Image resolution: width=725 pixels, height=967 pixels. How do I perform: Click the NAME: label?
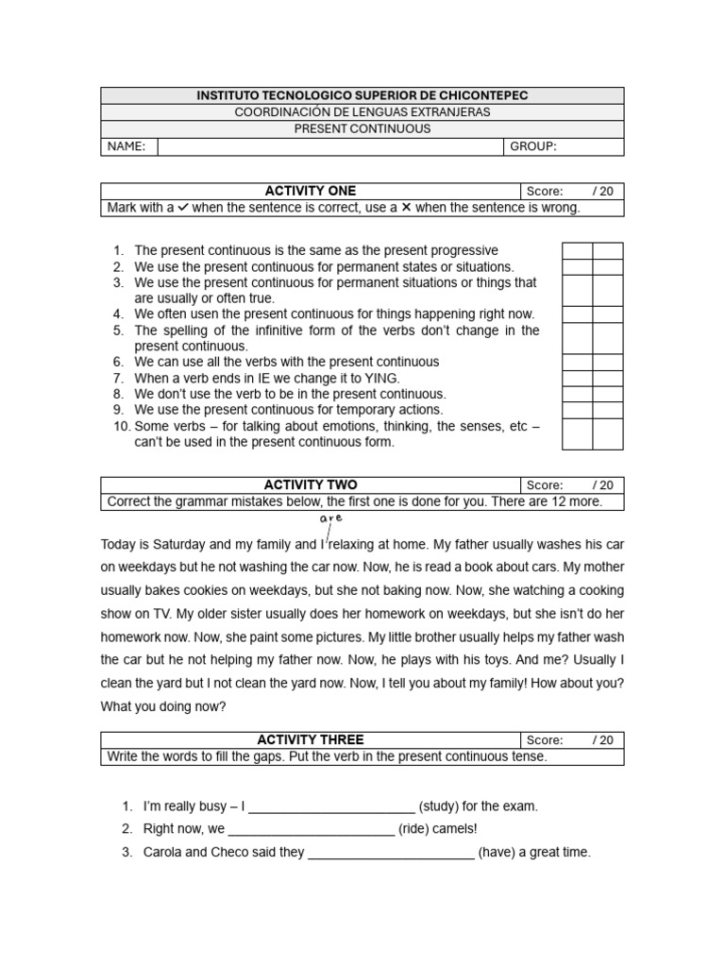[x=126, y=146]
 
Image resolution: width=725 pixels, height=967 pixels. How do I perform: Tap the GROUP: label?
[x=533, y=146]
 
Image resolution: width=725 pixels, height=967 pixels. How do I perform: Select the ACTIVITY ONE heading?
[x=310, y=191]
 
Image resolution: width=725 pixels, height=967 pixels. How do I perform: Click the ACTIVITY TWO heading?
[x=310, y=485]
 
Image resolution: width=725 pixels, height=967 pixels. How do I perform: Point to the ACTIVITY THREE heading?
[x=310, y=740]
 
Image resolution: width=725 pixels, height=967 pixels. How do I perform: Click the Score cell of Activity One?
[x=570, y=191]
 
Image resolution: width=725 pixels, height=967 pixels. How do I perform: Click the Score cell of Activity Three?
[x=570, y=740]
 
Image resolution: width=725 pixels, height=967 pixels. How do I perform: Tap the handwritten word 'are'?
[x=330, y=518]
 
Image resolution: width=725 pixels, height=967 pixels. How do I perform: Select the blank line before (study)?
[x=331, y=807]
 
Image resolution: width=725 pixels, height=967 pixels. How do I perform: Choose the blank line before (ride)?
[x=312, y=830]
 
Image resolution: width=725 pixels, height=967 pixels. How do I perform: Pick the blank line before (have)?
[x=391, y=853]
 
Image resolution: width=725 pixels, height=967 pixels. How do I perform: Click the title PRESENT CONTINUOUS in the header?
[x=362, y=128]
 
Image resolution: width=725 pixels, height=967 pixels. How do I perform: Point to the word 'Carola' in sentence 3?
[x=163, y=852]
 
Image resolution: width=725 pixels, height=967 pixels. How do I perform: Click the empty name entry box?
[x=330, y=146]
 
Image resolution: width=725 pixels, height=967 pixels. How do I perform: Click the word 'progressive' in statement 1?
[x=464, y=250]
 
